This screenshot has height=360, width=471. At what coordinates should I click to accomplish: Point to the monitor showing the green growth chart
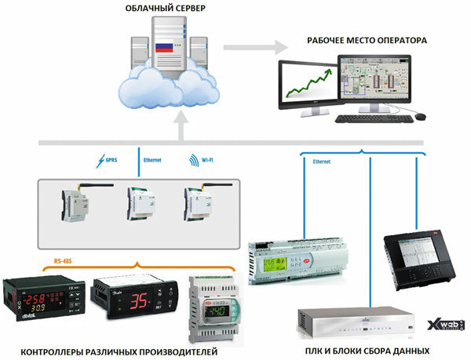click(307, 85)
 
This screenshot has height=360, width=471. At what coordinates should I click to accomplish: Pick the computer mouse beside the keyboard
click(421, 117)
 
